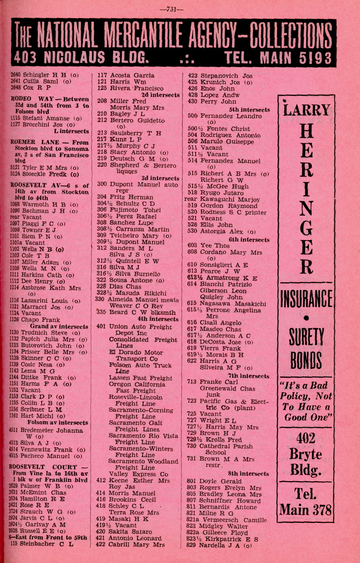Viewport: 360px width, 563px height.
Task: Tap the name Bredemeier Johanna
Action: [51, 430]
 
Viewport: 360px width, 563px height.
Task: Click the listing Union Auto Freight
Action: [140, 327]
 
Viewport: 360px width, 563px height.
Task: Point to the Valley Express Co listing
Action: [139, 474]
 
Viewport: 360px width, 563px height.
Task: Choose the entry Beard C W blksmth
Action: [142, 313]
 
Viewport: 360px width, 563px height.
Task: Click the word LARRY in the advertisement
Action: [306, 110]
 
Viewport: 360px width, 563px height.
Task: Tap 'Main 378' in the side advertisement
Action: [306, 510]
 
